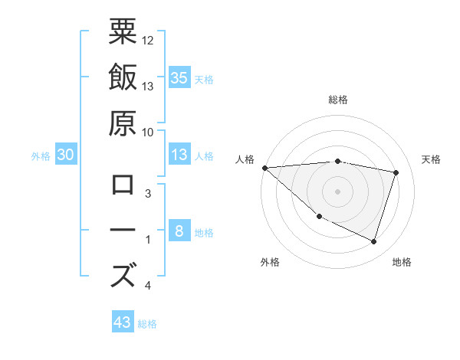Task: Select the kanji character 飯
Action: click(x=123, y=77)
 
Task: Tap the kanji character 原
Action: click(x=123, y=123)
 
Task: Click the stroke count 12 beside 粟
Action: click(x=148, y=40)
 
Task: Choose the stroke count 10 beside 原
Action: click(x=148, y=132)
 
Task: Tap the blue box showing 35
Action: click(x=179, y=77)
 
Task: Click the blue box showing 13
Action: click(x=179, y=155)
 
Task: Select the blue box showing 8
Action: click(x=179, y=232)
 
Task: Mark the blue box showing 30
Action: click(x=66, y=155)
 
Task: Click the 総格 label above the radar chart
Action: click(x=338, y=100)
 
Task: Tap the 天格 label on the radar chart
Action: click(x=432, y=159)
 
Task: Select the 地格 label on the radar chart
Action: click(x=402, y=262)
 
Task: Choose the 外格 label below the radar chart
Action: click(x=270, y=262)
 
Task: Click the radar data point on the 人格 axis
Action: click(x=264, y=168)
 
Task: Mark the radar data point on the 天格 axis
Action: click(x=396, y=172)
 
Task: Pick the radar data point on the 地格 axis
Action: click(x=374, y=242)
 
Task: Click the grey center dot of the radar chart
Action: click(x=338, y=191)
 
